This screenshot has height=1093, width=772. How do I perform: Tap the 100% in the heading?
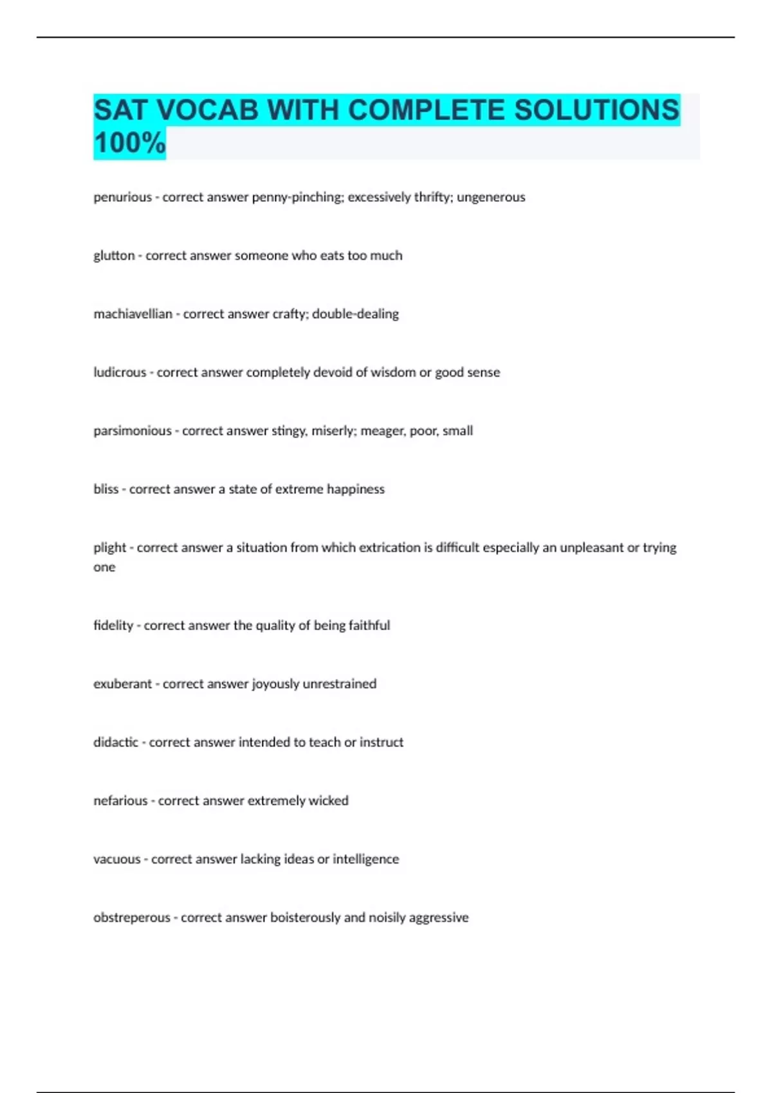[129, 143]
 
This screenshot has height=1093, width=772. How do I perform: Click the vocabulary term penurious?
[122, 197]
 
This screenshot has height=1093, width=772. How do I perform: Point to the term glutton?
[114, 256]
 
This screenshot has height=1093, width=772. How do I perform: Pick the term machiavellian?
[133, 314]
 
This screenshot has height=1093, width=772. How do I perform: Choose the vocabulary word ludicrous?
[120, 372]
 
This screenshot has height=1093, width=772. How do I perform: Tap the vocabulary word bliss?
[106, 489]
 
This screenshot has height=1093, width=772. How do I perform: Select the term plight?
[109, 548]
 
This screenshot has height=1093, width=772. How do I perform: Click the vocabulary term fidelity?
[113, 626]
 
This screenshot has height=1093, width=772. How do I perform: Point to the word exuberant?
[122, 684]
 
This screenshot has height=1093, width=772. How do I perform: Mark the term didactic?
[116, 743]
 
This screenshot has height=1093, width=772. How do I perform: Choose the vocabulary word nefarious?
[120, 801]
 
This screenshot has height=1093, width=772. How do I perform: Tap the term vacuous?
[116, 860]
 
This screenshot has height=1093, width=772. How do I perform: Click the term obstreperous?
[131, 918]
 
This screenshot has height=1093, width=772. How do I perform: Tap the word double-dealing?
[355, 314]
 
